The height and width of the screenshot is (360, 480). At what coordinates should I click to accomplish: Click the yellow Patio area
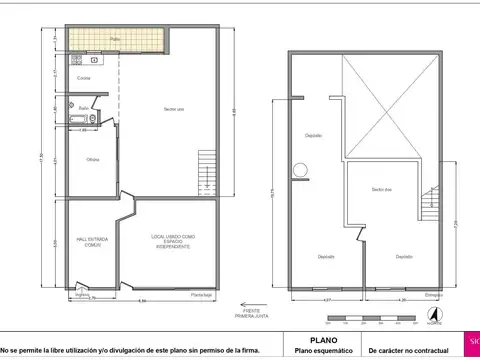coord(114,40)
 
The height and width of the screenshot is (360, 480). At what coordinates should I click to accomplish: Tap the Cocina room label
coord(84,77)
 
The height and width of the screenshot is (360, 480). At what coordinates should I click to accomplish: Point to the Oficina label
coord(92,159)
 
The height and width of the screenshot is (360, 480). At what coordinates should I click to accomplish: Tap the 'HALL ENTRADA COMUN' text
coord(92,241)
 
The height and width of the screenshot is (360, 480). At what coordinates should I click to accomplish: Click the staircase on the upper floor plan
coord(430,204)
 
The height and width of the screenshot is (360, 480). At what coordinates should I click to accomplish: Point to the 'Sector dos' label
coord(381,189)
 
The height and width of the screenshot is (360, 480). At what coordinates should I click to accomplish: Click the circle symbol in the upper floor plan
coord(297,169)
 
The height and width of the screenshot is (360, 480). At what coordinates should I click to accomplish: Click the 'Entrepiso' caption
coord(434,294)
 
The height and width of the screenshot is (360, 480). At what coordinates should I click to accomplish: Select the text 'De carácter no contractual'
coord(407,351)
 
